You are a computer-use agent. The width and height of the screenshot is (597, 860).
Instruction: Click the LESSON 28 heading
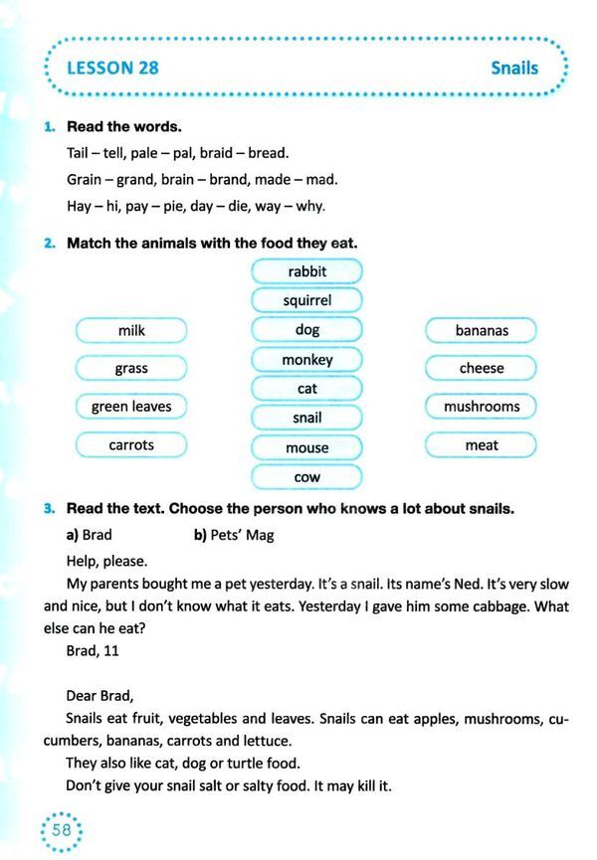tap(111, 69)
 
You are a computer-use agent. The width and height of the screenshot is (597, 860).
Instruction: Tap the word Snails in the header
tap(513, 69)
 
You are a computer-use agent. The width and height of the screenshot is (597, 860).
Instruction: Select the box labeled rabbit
tap(306, 271)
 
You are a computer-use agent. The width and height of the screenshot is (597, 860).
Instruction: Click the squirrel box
tap(306, 300)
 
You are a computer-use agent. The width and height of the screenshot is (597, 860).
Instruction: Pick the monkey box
tap(306, 359)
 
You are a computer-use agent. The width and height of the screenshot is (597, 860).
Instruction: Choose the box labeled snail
tap(306, 419)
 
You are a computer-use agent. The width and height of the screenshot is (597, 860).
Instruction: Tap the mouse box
tap(306, 448)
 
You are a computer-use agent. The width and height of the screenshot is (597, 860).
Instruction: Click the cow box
tap(306, 478)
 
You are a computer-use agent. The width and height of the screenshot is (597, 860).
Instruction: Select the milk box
tap(131, 330)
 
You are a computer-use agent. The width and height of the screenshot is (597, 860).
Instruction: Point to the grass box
tap(131, 368)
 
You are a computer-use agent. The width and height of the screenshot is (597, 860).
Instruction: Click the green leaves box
tap(131, 407)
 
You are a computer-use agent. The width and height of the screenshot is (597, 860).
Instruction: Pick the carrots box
tap(131, 445)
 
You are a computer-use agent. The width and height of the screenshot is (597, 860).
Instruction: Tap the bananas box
tap(482, 330)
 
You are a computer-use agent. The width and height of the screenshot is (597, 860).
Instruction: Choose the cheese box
tap(482, 368)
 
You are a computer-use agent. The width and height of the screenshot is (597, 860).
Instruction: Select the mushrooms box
tap(482, 407)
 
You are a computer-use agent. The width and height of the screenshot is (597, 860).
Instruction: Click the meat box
tap(482, 445)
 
